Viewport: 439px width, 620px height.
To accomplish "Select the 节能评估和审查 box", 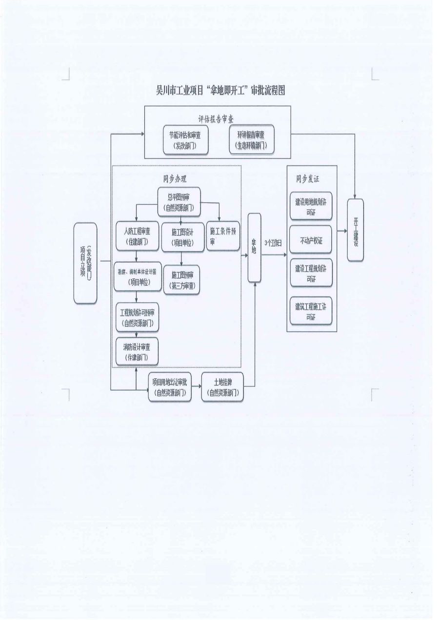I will pyautogui.click(x=185, y=141).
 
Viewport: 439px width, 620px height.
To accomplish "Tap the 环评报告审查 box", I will pyautogui.click(x=252, y=140).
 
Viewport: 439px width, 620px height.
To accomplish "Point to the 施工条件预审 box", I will pyautogui.click(x=223, y=236).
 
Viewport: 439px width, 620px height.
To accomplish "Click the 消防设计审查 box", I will pyautogui.click(x=137, y=351).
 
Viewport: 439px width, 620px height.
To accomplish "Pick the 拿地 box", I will pyautogui.click(x=254, y=247).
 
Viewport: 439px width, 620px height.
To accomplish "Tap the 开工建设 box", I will pyautogui.click(x=355, y=230).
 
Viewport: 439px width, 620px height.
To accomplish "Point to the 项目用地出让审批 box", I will pyautogui.click(x=169, y=387).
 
